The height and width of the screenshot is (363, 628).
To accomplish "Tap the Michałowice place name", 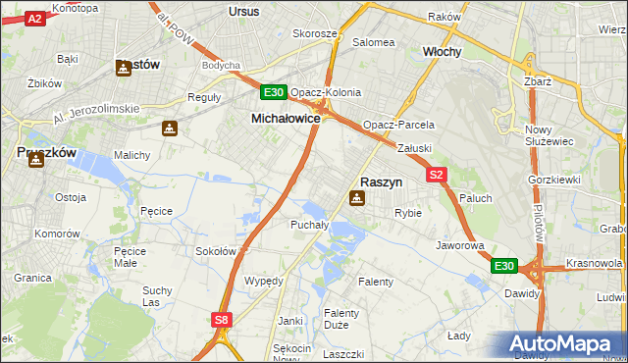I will tap(280, 118).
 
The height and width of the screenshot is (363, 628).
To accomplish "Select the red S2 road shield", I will tap(438, 175).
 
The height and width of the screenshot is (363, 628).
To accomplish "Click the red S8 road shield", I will tap(222, 319).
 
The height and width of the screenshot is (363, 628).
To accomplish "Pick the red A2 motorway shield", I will tap(34, 19).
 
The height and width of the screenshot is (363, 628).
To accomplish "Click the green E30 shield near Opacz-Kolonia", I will tap(274, 93).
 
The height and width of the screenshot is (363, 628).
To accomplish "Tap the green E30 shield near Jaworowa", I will tap(504, 266).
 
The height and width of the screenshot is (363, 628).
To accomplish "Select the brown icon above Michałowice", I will tap(171, 129).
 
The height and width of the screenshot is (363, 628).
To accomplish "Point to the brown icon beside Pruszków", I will tap(36, 159).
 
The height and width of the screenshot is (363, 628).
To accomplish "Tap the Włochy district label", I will tap(442, 51).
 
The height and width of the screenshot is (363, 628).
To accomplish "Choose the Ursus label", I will tap(242, 11).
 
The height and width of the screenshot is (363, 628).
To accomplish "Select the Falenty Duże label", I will tap(341, 319).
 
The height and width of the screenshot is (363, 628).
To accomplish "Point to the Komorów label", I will tap(56, 234).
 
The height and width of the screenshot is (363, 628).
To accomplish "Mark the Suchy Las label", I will tap(157, 296).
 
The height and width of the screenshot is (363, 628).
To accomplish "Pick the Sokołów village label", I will tap(217, 251).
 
